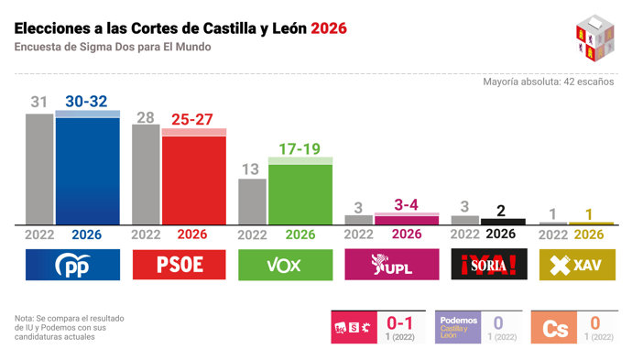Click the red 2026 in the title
[329, 28]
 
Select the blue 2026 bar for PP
[88, 169]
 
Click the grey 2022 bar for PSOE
[146, 174]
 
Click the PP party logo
[72, 266]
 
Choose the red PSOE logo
[179, 266]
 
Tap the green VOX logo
[285, 266]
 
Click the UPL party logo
[391, 266]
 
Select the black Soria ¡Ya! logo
[497, 266]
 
